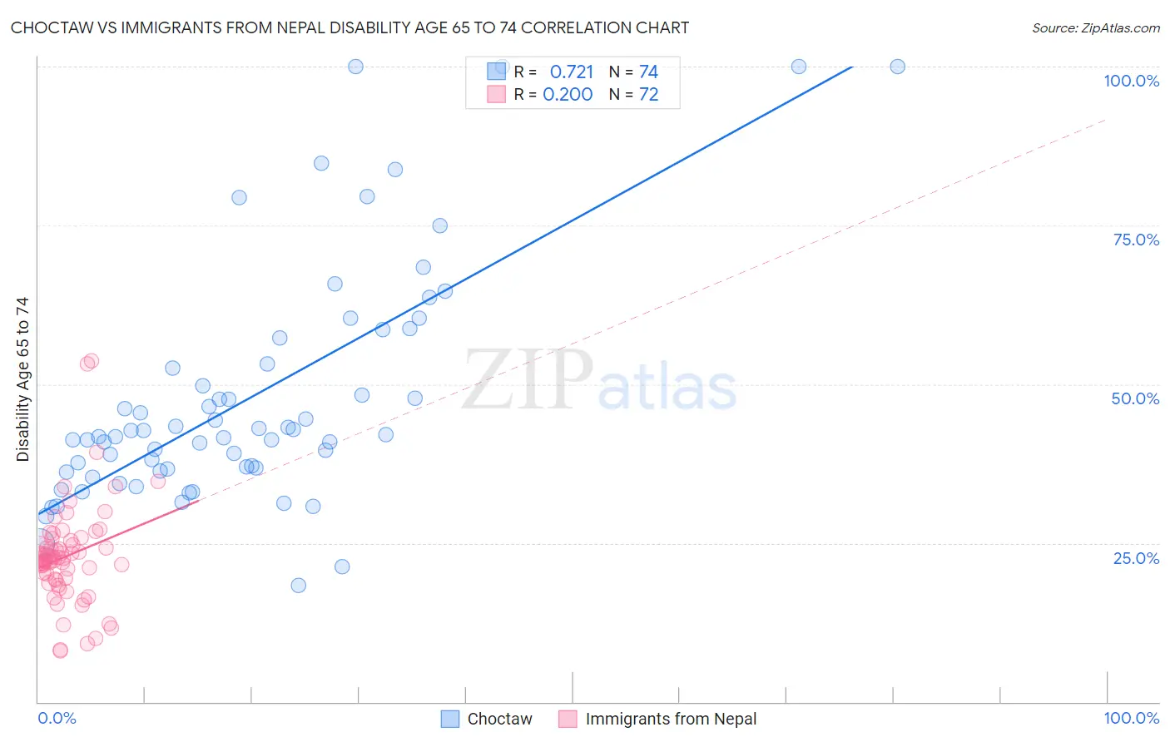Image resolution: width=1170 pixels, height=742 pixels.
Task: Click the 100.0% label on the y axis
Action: pyautogui.click(x=1131, y=81)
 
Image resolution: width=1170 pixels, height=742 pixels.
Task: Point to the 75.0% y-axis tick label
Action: pyautogui.click(x=1136, y=240)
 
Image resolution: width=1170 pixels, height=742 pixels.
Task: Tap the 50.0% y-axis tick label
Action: pyautogui.click(x=1135, y=398)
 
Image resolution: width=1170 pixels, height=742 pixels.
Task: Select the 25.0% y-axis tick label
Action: pyautogui.click(x=1136, y=557)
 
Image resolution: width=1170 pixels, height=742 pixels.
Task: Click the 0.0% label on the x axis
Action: pyautogui.click(x=57, y=718)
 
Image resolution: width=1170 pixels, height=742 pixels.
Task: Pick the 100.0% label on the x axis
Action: pyautogui.click(x=1131, y=718)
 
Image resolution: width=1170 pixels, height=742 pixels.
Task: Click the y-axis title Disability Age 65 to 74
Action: pyautogui.click(x=22, y=378)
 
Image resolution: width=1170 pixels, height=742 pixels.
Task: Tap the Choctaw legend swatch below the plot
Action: pyautogui.click(x=450, y=720)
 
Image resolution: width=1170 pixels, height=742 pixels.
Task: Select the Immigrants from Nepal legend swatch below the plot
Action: pyautogui.click(x=568, y=720)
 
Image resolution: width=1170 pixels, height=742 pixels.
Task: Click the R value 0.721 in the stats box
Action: pyautogui.click(x=572, y=72)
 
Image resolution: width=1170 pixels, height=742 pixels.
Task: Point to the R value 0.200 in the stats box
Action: pyautogui.click(x=568, y=95)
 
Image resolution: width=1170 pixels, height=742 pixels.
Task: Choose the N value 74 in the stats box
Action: pyautogui.click(x=648, y=72)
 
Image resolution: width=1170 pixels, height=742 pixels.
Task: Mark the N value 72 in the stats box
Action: pyautogui.click(x=648, y=95)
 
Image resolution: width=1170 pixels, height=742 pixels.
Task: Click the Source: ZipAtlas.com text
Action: pyautogui.click(x=1095, y=28)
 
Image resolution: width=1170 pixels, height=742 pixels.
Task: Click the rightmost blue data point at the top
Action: pyautogui.click(x=897, y=67)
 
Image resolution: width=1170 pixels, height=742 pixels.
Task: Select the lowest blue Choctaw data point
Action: pyautogui.click(x=298, y=585)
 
